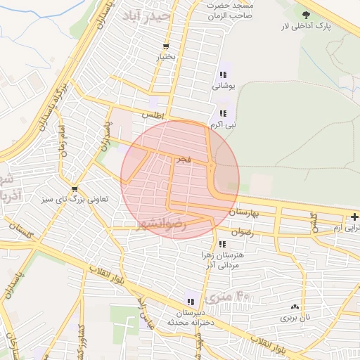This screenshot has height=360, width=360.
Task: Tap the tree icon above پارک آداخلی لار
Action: [305, 14]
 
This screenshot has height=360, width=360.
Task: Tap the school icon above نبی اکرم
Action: [223, 113]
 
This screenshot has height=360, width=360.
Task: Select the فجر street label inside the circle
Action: [183, 160]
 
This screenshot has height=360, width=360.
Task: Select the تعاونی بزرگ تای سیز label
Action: [75, 200]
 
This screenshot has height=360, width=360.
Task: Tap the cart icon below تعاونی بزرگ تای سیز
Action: [75, 188]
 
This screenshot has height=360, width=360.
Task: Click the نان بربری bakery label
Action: [295, 318]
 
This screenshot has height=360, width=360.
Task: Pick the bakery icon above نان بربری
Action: [295, 307]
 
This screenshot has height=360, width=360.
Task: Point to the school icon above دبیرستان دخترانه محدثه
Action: [191, 301]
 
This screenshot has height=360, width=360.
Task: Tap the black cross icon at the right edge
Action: [354, 217]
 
